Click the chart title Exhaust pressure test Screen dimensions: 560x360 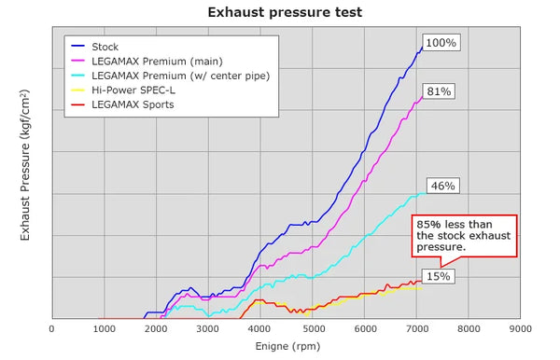(x=285, y=12)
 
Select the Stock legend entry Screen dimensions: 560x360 (x=94, y=47)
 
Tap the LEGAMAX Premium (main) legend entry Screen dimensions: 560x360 (x=147, y=62)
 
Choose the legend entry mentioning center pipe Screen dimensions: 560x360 (x=171, y=76)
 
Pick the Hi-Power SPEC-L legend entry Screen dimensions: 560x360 (x=123, y=90)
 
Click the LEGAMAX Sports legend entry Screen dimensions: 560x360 (x=122, y=104)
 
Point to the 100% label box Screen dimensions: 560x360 (x=441, y=43)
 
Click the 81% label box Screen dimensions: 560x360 (x=439, y=91)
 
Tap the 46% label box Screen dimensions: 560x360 (x=442, y=186)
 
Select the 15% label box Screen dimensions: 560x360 (x=439, y=276)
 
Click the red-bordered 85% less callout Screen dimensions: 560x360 (x=464, y=236)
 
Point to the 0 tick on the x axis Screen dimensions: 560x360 (x=52, y=328)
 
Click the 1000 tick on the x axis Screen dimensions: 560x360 (x=105, y=328)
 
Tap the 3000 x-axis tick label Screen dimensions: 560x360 (x=208, y=328)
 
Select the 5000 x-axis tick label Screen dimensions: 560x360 (x=314, y=328)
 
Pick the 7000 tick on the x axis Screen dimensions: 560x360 (x=416, y=328)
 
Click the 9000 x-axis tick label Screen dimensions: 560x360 (x=521, y=328)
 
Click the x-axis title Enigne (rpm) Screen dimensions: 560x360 (x=287, y=346)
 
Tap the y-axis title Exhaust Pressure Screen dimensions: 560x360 (x=24, y=165)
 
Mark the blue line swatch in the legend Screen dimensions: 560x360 (x=77, y=46)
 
